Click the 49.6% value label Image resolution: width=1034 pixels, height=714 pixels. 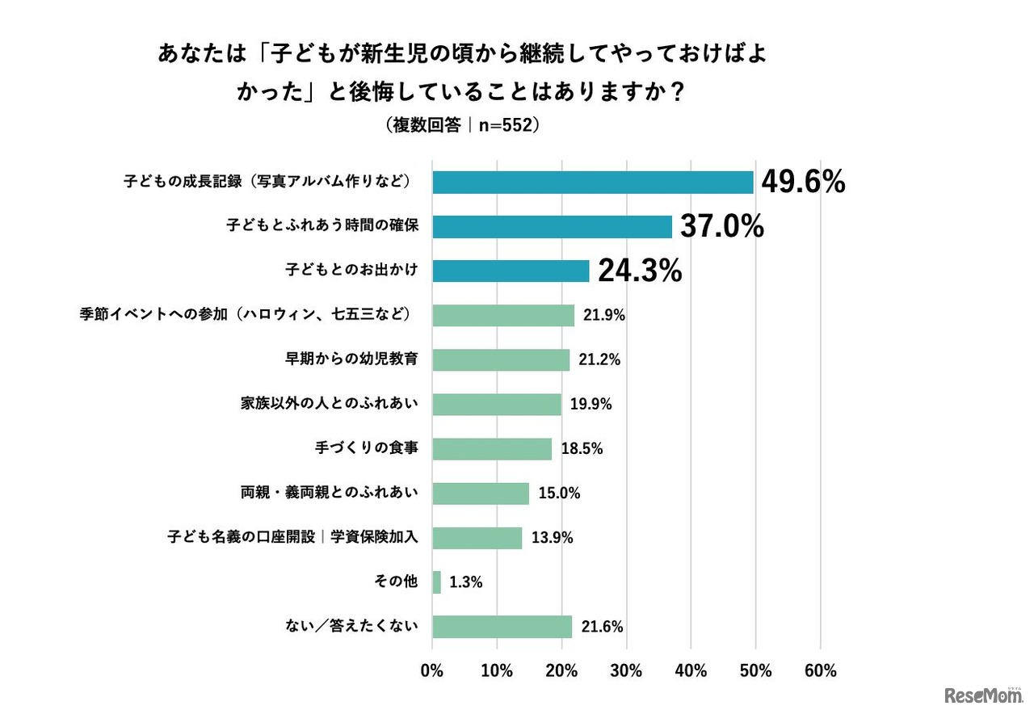(x=803, y=183)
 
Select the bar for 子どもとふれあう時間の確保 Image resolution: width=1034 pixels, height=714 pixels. (x=552, y=227)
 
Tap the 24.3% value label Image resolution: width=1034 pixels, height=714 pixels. (x=640, y=271)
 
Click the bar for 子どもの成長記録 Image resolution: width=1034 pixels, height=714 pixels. (x=592, y=183)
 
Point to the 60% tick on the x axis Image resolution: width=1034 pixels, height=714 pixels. (x=820, y=671)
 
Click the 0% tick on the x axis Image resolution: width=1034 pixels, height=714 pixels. (x=432, y=671)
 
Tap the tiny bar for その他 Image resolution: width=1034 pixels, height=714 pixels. (x=437, y=582)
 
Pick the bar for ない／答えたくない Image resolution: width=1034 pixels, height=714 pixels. (x=502, y=627)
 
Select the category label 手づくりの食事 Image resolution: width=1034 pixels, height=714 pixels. (x=366, y=448)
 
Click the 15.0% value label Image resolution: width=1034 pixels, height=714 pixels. (x=560, y=493)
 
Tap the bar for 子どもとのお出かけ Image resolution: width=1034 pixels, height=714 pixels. (x=511, y=271)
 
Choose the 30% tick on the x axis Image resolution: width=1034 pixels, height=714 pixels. (x=626, y=671)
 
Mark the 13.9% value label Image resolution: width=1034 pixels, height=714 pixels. (x=553, y=538)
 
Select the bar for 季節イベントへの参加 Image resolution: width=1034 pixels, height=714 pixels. (x=503, y=315)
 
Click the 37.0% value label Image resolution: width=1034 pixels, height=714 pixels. (x=721, y=228)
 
